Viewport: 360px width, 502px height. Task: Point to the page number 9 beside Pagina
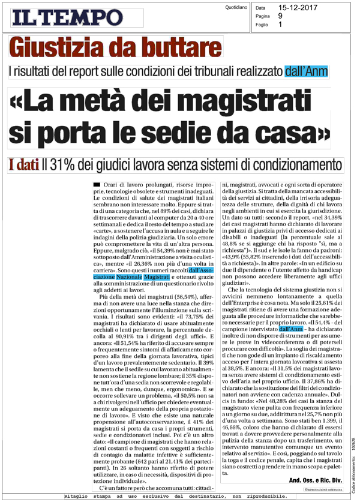coord(281,17)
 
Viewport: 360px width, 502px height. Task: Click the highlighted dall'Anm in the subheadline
coord(307,73)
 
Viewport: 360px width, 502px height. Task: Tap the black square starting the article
coord(96,181)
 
